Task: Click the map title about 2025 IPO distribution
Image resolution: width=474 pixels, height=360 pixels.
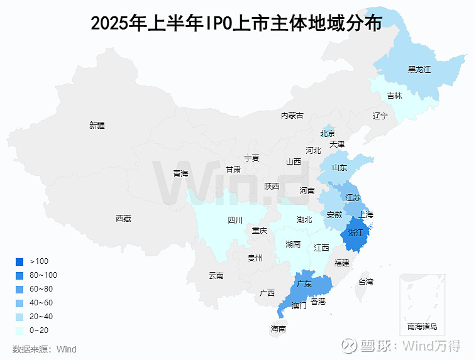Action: coord(236,23)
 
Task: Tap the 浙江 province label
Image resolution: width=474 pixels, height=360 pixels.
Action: coord(356,233)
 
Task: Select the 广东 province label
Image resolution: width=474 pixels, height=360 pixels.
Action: coord(304,284)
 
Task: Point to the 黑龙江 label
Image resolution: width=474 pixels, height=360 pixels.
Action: coord(419,69)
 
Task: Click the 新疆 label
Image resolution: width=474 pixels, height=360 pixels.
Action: coord(97,125)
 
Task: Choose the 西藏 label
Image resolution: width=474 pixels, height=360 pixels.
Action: coord(123,218)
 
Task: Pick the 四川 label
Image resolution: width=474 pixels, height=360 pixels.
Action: coord(234,220)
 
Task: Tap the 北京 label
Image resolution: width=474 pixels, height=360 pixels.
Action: coord(328,133)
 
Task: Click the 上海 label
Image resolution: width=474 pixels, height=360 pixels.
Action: coord(365,215)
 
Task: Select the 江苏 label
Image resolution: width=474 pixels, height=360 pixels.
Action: coord(353,197)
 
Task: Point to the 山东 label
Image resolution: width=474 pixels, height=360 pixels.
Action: coord(339,168)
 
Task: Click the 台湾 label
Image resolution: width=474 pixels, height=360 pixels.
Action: coord(365,281)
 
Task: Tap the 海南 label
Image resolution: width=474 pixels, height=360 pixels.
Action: coord(278,329)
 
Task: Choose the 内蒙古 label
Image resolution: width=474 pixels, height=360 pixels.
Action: coord(292,115)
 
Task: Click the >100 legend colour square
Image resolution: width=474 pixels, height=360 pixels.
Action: coord(19,261)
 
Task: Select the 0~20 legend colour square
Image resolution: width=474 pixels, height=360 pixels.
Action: coord(19,330)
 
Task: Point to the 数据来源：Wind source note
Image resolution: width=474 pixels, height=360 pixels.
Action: coord(44,349)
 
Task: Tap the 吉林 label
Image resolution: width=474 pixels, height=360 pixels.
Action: coord(394,96)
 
